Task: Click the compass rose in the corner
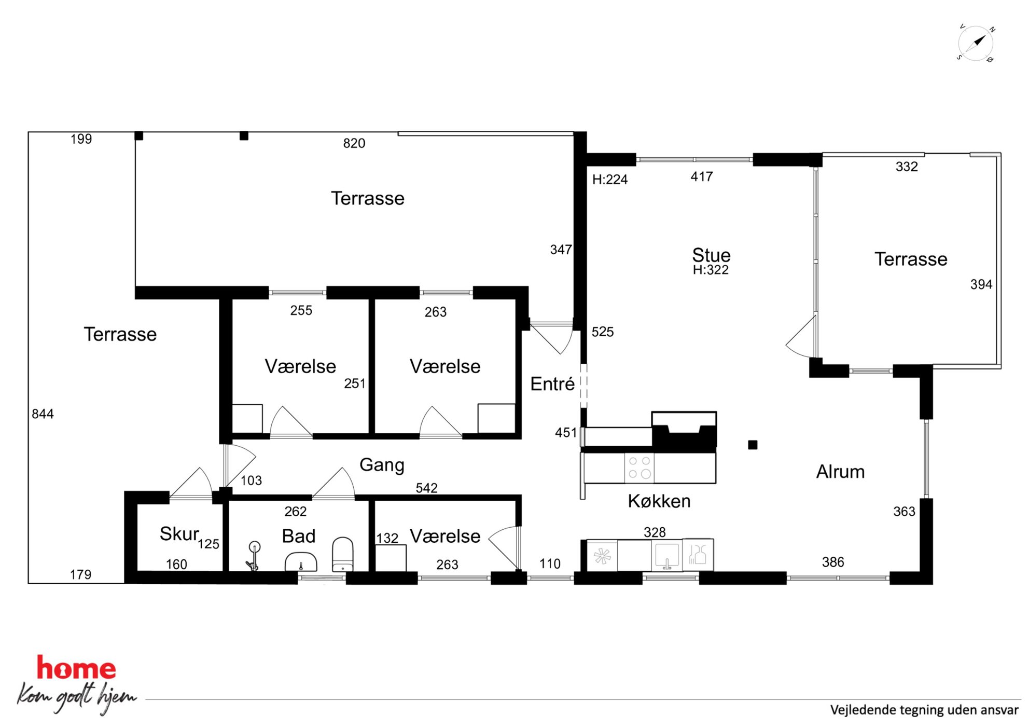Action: (x=976, y=43)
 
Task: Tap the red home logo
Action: (x=76, y=668)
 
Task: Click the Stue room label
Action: (x=711, y=255)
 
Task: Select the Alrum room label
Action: (x=840, y=472)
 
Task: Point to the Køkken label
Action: (x=659, y=501)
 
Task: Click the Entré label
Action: (x=552, y=384)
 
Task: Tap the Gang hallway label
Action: (x=382, y=465)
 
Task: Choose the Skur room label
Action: (x=179, y=534)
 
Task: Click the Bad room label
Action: (x=299, y=536)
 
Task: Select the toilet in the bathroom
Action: (x=342, y=554)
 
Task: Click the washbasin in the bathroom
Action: (x=301, y=562)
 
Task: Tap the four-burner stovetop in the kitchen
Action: (x=639, y=468)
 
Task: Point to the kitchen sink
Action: (x=667, y=556)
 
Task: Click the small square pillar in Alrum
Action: (x=753, y=445)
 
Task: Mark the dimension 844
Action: (x=43, y=414)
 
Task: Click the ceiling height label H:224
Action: (x=610, y=180)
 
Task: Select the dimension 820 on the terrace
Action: (x=354, y=143)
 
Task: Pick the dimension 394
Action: (x=981, y=284)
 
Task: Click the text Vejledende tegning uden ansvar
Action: (x=924, y=710)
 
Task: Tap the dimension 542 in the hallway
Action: (x=426, y=488)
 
